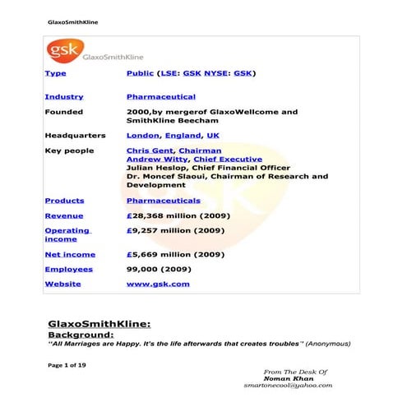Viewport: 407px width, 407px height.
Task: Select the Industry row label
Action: click(x=63, y=97)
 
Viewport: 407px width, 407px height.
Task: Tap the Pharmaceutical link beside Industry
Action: click(x=161, y=97)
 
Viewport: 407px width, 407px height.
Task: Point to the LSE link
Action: click(x=169, y=73)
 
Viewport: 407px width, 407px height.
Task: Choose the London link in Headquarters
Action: click(x=142, y=135)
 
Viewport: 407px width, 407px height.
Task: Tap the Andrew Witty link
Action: click(x=155, y=160)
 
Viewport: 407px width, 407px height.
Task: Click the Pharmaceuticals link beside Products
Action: click(x=163, y=201)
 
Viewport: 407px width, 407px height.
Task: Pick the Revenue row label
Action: click(x=63, y=215)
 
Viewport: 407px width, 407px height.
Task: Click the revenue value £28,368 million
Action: click(x=175, y=215)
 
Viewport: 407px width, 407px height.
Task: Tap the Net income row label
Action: click(x=69, y=254)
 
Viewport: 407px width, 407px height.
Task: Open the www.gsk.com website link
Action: click(x=158, y=284)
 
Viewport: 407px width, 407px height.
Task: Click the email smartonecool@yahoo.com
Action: click(x=288, y=385)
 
